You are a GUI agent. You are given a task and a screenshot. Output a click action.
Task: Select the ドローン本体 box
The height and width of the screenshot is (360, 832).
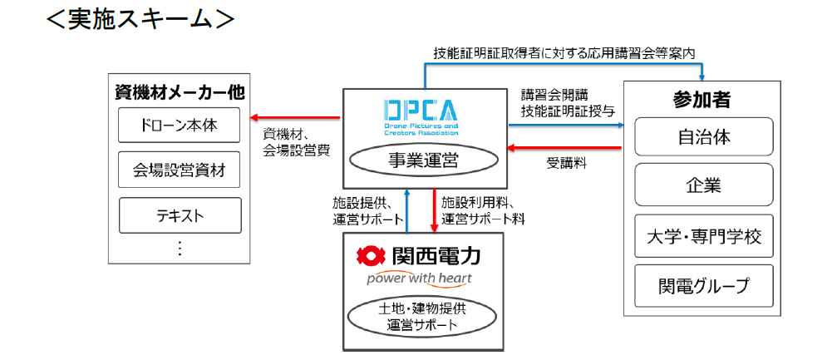(x=180, y=126)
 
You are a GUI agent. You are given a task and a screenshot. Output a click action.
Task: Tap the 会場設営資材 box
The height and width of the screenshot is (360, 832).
(x=180, y=170)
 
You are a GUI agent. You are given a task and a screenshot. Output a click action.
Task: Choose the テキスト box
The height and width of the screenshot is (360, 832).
(x=180, y=215)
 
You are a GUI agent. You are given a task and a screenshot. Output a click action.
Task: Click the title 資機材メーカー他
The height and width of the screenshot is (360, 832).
(x=180, y=93)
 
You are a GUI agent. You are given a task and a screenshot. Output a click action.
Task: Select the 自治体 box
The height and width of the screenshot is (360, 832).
(x=704, y=137)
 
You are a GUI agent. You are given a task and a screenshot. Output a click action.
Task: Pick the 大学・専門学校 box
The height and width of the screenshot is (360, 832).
(x=704, y=236)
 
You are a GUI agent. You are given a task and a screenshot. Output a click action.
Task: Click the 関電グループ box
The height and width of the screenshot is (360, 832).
(x=704, y=286)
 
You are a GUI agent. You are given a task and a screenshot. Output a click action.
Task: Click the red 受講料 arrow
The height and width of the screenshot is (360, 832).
(x=564, y=148)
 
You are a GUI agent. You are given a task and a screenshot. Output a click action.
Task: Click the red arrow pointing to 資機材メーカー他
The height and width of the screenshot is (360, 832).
(x=295, y=117)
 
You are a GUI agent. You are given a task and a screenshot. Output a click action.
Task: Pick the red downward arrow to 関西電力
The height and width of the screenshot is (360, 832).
(x=435, y=211)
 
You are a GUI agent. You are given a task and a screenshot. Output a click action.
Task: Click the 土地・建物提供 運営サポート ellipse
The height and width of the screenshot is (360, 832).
(x=422, y=317)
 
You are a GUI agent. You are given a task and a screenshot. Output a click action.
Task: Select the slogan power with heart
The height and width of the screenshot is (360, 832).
(x=419, y=279)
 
